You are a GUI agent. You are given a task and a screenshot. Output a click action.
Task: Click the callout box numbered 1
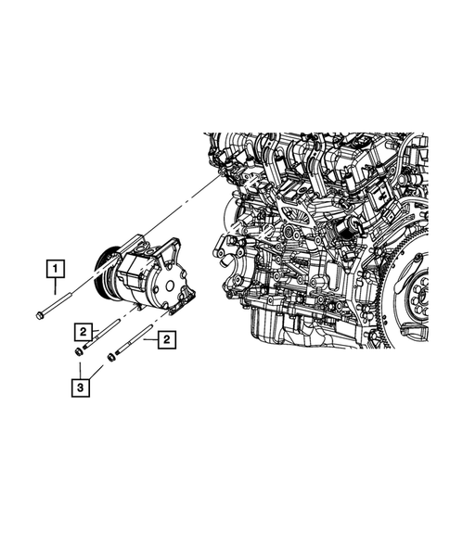[x=58, y=270]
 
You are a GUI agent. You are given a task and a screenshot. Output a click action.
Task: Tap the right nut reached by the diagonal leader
[x=111, y=356]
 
